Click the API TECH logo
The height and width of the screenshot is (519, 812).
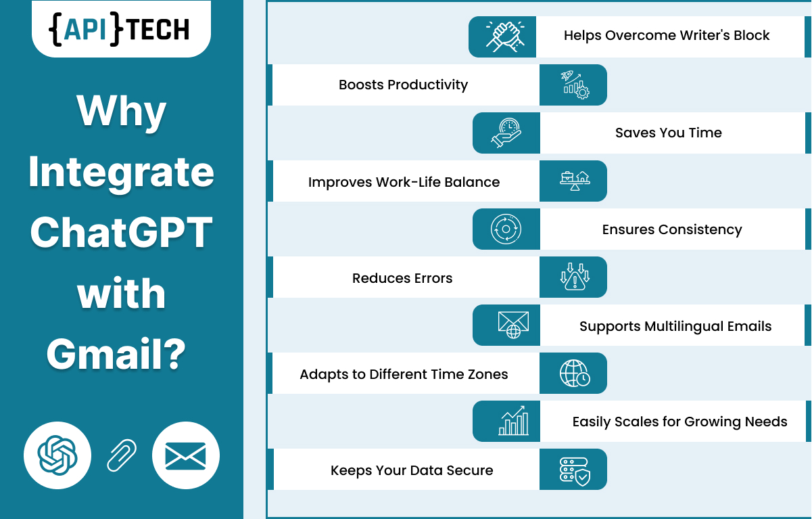pos(119,29)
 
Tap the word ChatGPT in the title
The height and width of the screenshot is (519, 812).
pos(122,232)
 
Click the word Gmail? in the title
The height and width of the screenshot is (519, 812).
pos(116,354)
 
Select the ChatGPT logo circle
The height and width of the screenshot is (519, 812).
pos(57,455)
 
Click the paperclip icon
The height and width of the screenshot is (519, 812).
pos(122,455)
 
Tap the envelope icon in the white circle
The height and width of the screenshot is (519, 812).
pos(186,456)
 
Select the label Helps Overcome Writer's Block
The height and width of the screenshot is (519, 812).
pos(667,36)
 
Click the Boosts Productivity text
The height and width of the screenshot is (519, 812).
pos(403,85)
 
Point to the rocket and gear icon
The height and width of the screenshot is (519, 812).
pos(575,85)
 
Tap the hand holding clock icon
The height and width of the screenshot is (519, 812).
pos(506,133)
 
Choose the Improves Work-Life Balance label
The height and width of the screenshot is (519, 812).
pos(404,182)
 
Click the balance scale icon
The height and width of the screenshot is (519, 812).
pos(575,181)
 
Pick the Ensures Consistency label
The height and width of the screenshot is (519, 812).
pos(672,229)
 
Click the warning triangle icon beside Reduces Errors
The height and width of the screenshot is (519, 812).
pos(575,277)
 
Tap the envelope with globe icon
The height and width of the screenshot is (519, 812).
pos(513,325)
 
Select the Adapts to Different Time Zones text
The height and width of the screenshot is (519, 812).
pos(404,374)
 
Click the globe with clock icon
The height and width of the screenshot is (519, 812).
pos(575,374)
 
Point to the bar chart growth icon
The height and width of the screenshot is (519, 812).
pos(513,421)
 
